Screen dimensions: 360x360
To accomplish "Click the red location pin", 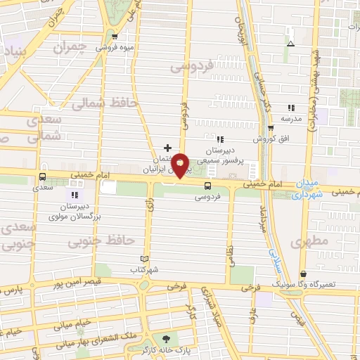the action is coord(181,165).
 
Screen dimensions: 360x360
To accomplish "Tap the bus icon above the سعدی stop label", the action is coord(44,177).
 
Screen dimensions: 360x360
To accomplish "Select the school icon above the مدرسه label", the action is coord(290,108).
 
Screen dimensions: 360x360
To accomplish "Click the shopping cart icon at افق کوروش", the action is coord(271,128).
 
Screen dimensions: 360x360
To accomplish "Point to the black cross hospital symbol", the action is coord(167,148).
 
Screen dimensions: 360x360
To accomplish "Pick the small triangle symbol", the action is coord(290,44).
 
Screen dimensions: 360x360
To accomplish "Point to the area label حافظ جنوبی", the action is coord(101,241).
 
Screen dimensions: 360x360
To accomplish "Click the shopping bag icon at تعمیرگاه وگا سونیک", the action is coord(303,274).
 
